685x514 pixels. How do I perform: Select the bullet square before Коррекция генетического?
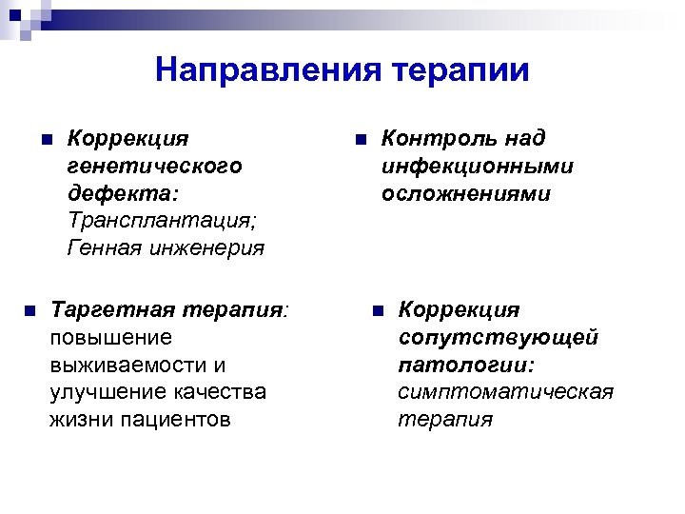(x=46, y=139)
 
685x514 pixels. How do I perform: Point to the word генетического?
(x=154, y=167)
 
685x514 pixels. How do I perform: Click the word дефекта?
(x=121, y=194)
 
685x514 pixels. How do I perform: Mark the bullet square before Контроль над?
(x=360, y=139)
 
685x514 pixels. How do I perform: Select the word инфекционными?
(x=478, y=167)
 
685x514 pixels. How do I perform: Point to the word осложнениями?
(x=466, y=194)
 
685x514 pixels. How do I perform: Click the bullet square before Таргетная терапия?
(x=29, y=310)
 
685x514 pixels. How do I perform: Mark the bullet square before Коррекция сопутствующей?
(x=377, y=310)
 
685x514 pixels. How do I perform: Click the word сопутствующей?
(x=499, y=338)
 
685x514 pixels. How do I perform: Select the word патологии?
(x=464, y=366)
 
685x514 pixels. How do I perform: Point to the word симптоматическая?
(x=505, y=393)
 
